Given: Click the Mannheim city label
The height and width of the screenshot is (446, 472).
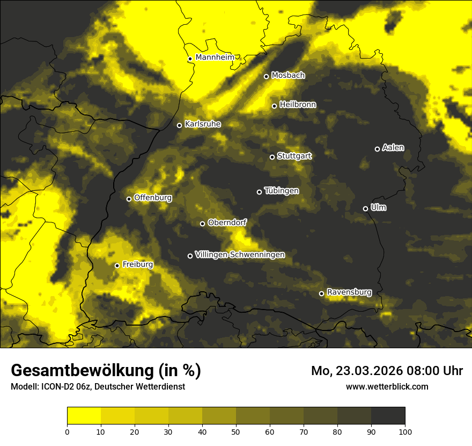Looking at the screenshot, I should click(215, 57).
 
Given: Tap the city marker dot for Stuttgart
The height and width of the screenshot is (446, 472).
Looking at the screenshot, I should click(272, 157).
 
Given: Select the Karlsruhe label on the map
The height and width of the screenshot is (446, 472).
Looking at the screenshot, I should click(203, 124).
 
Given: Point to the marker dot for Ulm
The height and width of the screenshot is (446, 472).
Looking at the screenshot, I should click(365, 208).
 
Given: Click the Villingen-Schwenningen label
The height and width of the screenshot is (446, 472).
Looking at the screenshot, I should click(240, 255).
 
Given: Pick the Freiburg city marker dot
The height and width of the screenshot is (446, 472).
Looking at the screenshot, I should click(117, 265).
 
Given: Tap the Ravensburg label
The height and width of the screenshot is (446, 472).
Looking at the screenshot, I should click(349, 292).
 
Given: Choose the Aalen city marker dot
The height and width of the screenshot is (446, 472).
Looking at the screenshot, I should click(377, 149).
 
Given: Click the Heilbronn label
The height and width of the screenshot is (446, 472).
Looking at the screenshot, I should click(298, 105).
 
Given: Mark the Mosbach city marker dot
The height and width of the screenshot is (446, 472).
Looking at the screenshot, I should click(266, 76).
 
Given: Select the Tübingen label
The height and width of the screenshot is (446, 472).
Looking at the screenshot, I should click(282, 191).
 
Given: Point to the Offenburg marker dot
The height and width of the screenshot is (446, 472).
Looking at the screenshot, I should click(129, 199).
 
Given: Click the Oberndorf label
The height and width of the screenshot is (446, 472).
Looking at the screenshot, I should click(227, 222).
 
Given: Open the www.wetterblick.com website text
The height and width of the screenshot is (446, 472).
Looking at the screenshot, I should click(387, 386).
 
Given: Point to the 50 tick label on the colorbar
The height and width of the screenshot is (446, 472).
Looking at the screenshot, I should click(236, 431).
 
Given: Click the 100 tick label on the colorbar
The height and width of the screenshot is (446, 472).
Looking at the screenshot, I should click(405, 431).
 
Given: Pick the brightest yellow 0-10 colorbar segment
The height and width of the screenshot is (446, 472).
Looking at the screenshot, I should click(84, 415).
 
